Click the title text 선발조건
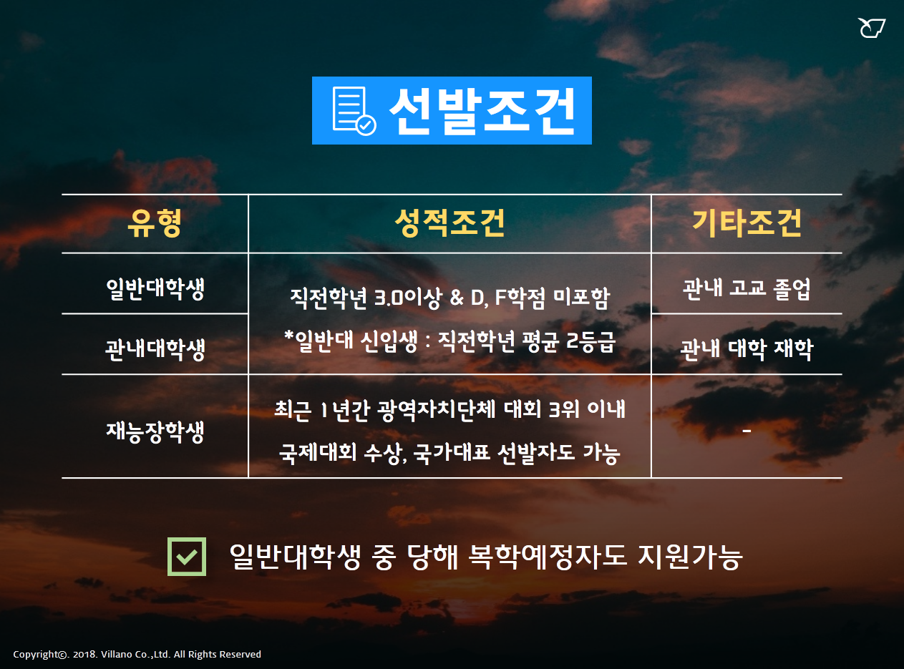click(x=482, y=111)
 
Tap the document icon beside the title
click(x=354, y=111)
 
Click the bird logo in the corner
click(x=871, y=28)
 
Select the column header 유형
click(x=155, y=223)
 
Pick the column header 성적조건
click(x=449, y=223)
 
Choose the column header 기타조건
click(x=747, y=223)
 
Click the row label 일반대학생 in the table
click(x=155, y=289)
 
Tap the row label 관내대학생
click(x=155, y=349)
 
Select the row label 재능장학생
click(x=155, y=431)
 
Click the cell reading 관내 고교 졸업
click(x=747, y=289)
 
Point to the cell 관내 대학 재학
click(x=747, y=349)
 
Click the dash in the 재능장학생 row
click(x=747, y=431)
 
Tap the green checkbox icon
click(x=187, y=557)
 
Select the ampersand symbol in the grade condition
click(x=457, y=298)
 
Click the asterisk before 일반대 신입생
click(x=289, y=336)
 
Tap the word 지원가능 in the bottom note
click(x=689, y=557)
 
